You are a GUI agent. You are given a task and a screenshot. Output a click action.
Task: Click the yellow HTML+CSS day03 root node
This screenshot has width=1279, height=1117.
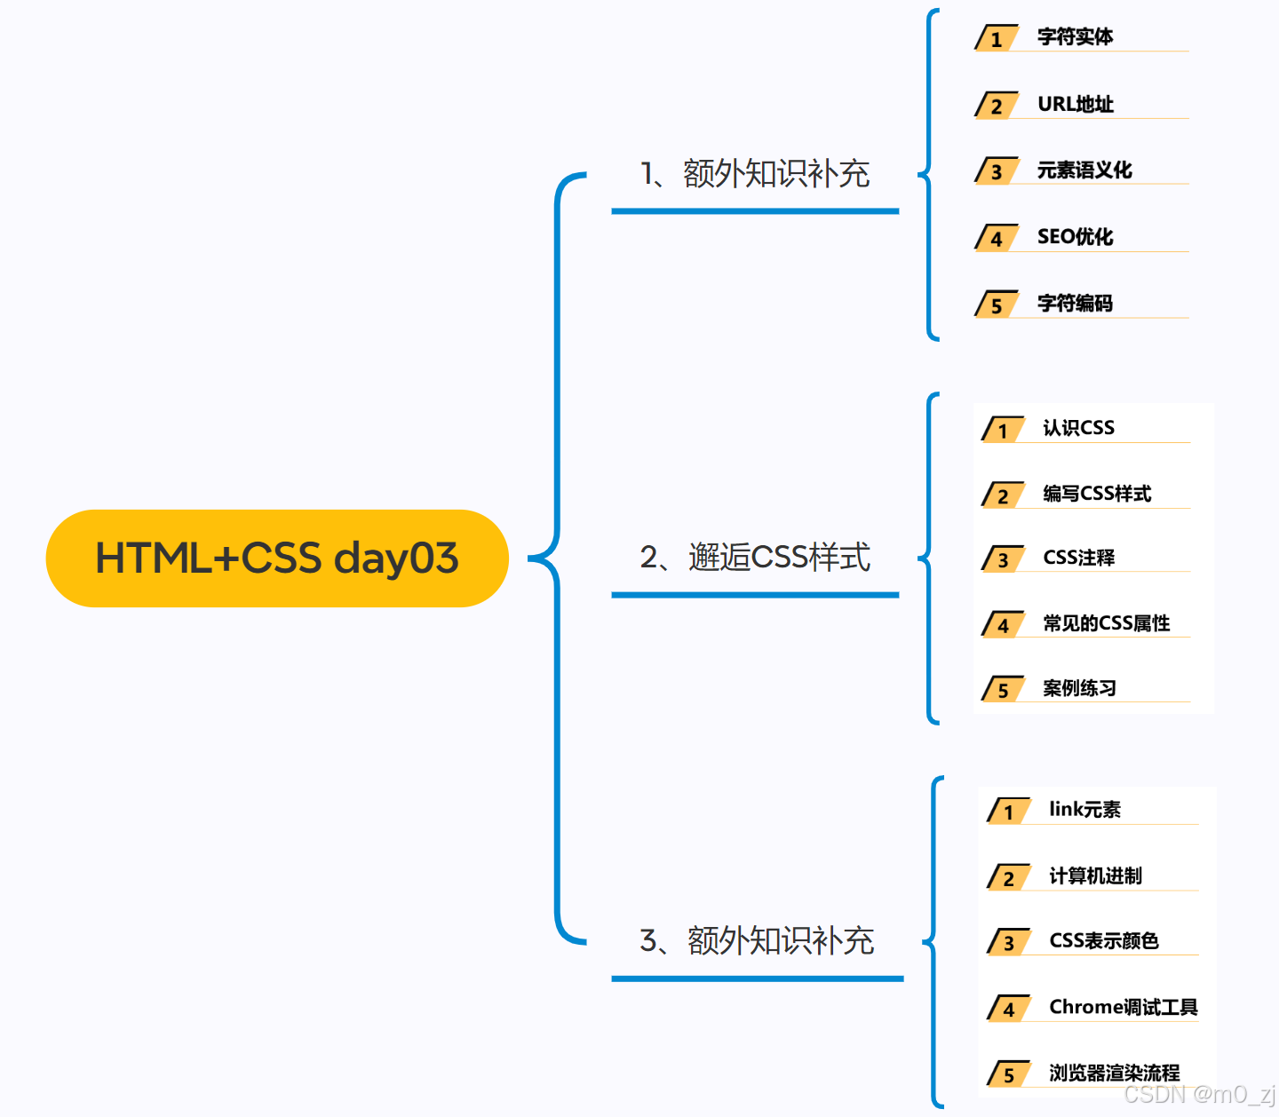pos(277,558)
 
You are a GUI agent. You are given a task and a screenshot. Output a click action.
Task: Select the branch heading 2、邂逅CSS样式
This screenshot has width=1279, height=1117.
pos(755,558)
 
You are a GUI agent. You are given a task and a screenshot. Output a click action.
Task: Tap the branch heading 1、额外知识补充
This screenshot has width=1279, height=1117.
pos(755,174)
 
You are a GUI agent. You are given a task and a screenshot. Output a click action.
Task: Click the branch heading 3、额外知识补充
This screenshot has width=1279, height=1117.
pos(757,941)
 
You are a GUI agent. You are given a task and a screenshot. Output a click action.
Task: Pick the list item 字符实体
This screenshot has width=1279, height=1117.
pos(1075,37)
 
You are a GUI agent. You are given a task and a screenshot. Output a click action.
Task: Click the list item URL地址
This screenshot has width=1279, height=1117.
pos(1075,104)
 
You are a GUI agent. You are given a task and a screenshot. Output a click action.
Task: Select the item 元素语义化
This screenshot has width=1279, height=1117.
pos(1084,170)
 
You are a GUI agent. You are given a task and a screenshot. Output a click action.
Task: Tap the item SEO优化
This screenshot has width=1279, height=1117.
pos(1075,237)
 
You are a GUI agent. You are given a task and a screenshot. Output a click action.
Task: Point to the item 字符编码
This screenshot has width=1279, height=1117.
pos(1075,304)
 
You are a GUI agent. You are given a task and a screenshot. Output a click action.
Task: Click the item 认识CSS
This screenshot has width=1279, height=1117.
pos(1078,428)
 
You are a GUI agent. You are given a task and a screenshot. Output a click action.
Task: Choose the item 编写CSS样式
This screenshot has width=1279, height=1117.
pos(1097,494)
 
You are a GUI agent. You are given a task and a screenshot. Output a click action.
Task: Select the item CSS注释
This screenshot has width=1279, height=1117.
pos(1078,558)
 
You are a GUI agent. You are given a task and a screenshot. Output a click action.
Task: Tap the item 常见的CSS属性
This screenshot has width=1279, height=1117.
pos(1106,623)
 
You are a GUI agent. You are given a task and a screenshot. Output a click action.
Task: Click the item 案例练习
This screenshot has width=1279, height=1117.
pos(1079,688)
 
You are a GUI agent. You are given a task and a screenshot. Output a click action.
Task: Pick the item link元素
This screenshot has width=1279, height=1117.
pos(1084,810)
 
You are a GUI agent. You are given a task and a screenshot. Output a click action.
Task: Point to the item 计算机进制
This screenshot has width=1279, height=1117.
pos(1095,876)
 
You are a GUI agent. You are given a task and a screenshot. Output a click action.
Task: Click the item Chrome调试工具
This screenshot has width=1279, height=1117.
pos(1123,1007)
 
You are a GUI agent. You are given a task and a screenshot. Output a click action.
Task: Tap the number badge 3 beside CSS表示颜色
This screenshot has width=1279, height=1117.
pos(1008,943)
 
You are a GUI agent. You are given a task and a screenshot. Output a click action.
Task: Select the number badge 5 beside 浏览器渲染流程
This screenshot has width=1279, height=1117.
pos(1008,1075)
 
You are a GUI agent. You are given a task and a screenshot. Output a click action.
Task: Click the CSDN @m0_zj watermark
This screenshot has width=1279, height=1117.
pos(1199,1095)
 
